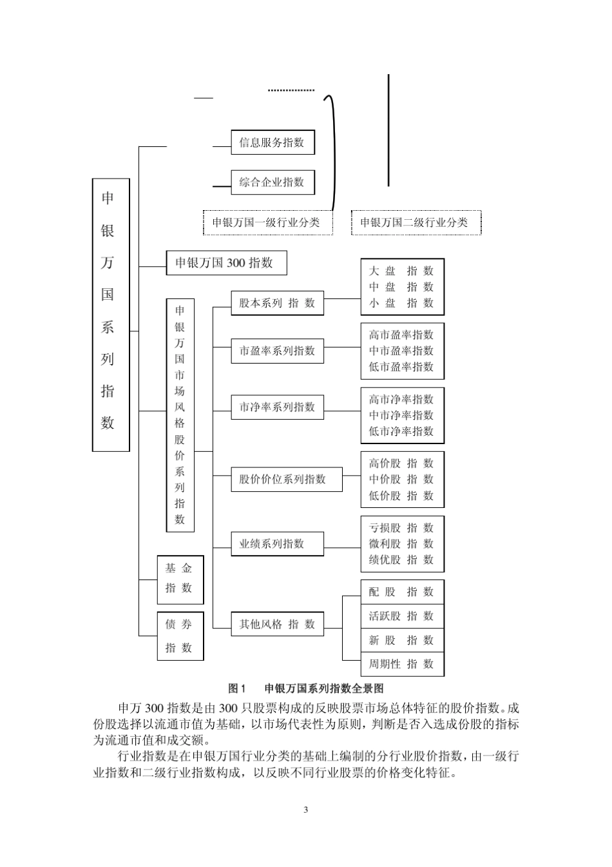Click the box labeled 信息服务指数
tap(273, 142)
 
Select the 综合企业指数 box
tap(273, 182)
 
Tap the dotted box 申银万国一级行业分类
tap(267, 222)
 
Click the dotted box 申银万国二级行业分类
tap(416, 222)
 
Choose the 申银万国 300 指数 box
tap(225, 263)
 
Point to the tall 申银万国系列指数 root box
tap(111, 315)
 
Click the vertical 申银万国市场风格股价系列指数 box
tap(180, 414)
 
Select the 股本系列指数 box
tap(277, 303)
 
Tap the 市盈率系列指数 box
tap(277, 351)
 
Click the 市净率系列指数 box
tap(277, 407)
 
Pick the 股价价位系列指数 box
tap(286, 479)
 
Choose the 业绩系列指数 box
tap(277, 543)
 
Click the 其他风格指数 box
tap(277, 624)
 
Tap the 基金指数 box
tap(180, 578)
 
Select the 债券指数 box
tap(180, 636)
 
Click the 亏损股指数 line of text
tap(401, 528)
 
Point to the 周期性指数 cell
tap(401, 664)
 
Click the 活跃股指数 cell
tap(401, 616)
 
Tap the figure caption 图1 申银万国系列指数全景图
tap(306, 688)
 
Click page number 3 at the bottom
tap(305, 810)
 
